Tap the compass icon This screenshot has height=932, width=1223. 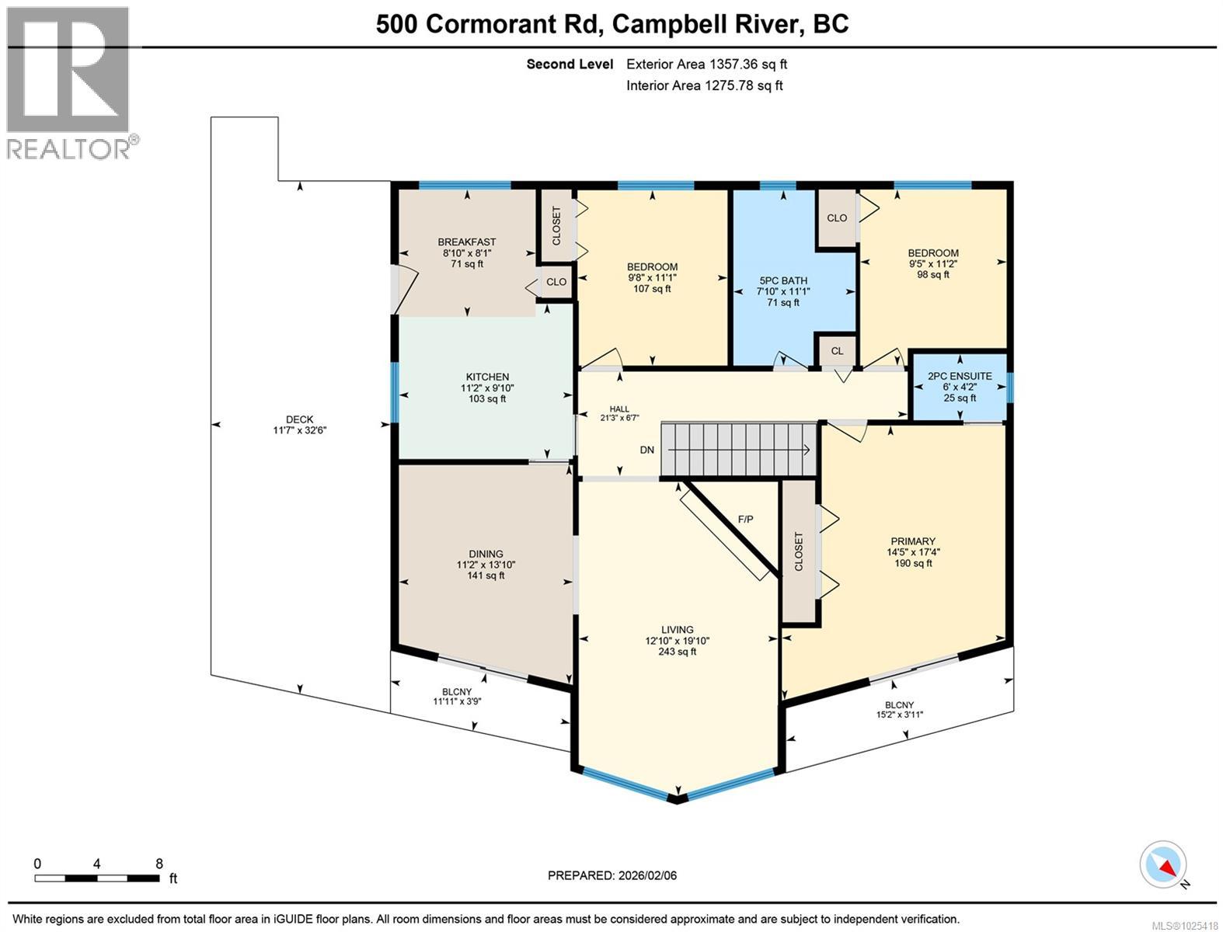(x=1163, y=864)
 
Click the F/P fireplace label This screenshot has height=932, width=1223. (x=745, y=519)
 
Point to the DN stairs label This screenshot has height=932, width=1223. (x=646, y=450)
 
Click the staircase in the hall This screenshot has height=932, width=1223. (x=738, y=449)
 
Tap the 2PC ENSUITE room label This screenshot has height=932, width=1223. (x=960, y=376)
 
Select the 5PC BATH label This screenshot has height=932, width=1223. (x=783, y=280)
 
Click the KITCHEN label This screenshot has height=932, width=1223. (x=487, y=377)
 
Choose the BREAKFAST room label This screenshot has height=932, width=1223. (x=466, y=242)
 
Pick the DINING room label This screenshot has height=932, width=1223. (x=486, y=554)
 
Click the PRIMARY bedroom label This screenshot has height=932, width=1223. (x=913, y=541)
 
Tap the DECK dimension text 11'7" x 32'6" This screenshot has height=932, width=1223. (x=299, y=430)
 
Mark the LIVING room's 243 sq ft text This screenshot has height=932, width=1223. (x=677, y=652)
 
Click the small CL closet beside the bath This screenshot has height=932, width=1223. (x=837, y=351)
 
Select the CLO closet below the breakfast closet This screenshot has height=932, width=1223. (x=556, y=282)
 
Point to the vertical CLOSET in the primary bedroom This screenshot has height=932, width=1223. (x=798, y=551)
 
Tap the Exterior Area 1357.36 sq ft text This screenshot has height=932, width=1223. (x=706, y=64)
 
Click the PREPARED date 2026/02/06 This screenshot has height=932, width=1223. (x=612, y=875)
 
